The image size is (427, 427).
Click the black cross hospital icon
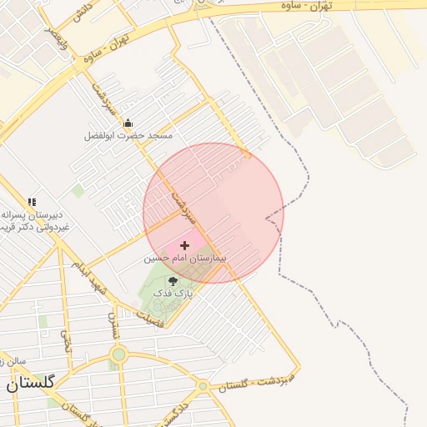tap(184, 245)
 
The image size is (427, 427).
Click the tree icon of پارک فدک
tap(173, 281)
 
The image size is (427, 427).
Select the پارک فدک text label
tap(178, 294)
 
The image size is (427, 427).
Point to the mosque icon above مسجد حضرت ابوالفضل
tap(128, 123)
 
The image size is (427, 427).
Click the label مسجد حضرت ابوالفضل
tap(128, 135)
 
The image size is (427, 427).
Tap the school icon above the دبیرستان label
tap(32, 202)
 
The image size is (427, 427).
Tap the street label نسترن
tap(114, 327)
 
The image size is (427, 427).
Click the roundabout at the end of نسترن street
tap(118, 355)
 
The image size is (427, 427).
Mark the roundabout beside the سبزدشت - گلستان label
tap(203, 386)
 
